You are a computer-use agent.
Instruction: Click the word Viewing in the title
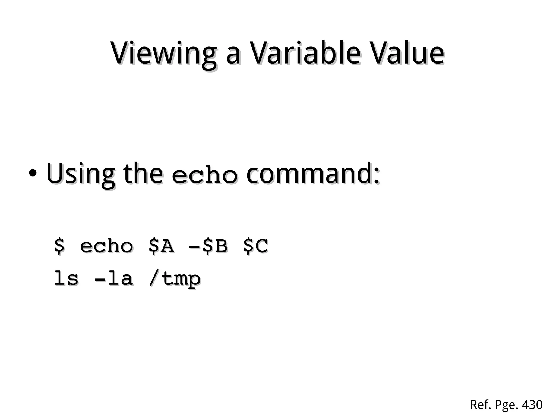pos(163,53)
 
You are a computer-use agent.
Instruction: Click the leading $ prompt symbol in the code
pos(59,246)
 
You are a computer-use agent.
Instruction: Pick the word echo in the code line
pos(106,246)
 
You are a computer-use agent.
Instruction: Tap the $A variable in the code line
pos(161,246)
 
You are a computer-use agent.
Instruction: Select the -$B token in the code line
pos(208,246)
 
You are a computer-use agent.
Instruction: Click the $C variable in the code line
pos(255,246)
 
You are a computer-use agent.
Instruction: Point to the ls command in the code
pos(66,278)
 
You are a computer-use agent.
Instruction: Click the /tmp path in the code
pos(175,279)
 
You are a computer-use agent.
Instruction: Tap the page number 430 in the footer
pos(532,405)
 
